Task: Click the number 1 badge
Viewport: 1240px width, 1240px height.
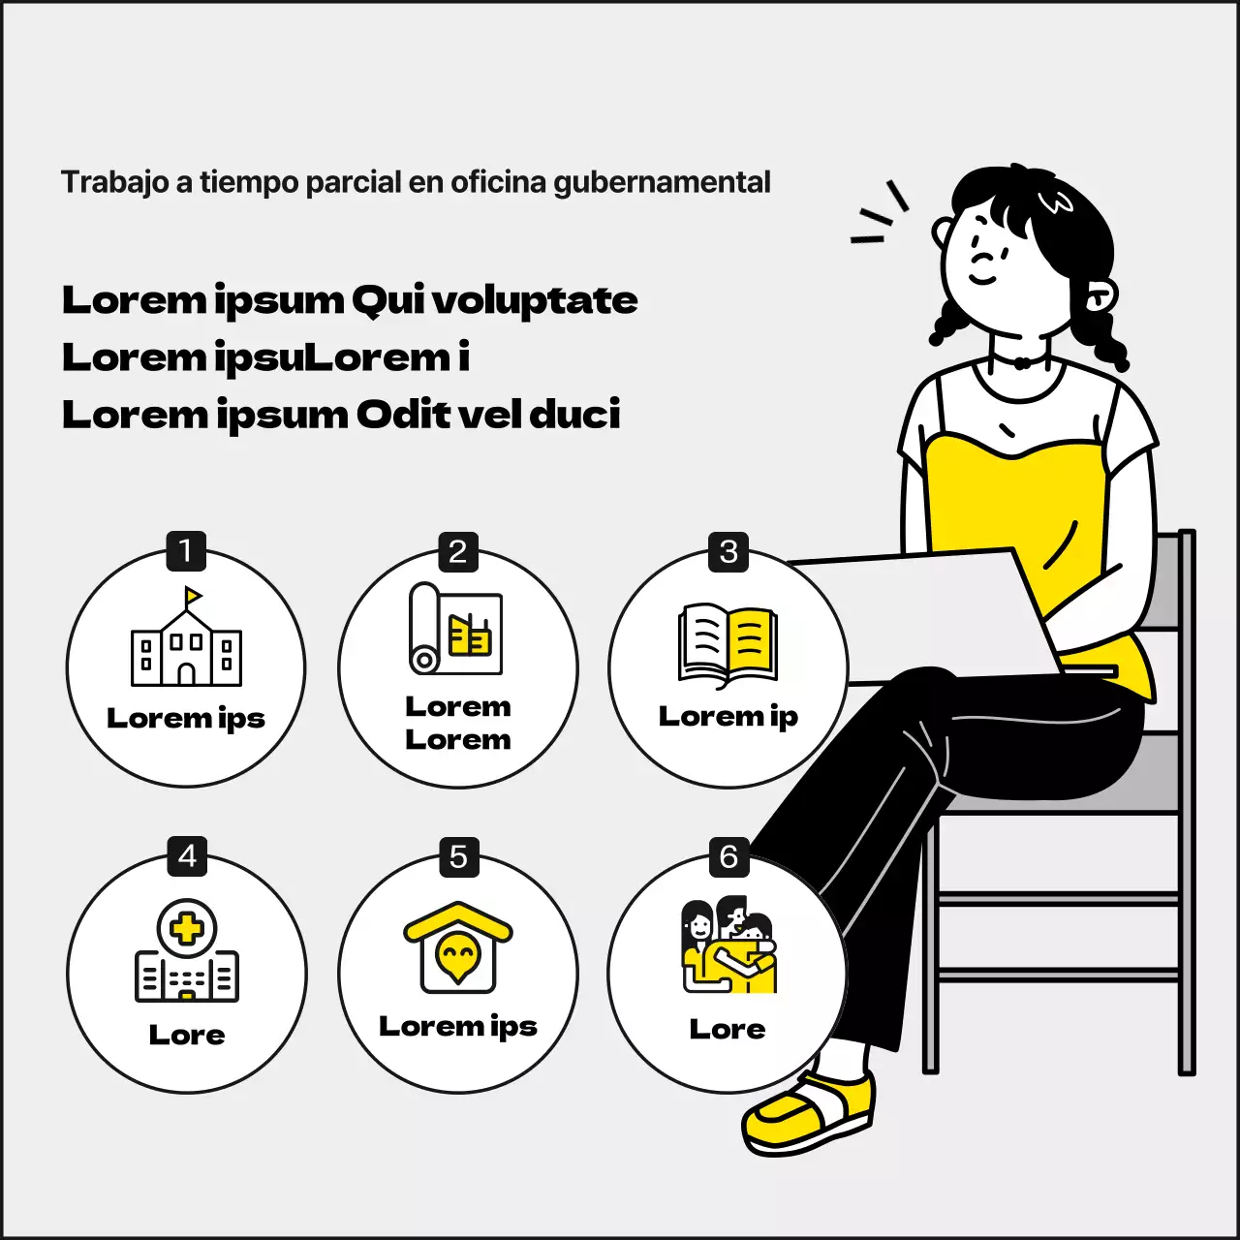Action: click(x=186, y=551)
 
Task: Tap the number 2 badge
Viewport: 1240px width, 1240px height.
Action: click(x=458, y=551)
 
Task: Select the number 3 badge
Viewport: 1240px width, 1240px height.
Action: click(x=728, y=551)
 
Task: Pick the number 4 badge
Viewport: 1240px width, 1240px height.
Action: click(x=187, y=855)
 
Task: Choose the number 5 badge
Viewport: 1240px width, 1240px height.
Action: click(x=459, y=856)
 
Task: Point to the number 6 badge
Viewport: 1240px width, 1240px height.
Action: click(x=729, y=856)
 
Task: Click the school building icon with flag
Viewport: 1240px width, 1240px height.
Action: click(x=187, y=635)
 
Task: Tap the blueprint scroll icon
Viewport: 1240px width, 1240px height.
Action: click(x=455, y=628)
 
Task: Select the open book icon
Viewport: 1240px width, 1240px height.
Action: click(x=728, y=645)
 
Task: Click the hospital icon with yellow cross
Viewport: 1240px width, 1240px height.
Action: click(x=187, y=949)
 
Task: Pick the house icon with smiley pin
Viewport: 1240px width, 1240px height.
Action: click(x=458, y=947)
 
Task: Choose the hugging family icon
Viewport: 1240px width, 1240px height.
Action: click(x=729, y=944)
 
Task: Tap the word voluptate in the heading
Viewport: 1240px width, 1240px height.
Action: click(x=534, y=300)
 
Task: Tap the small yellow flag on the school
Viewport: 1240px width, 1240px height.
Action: click(x=193, y=595)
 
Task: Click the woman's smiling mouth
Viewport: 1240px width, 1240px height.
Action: click(x=982, y=280)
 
